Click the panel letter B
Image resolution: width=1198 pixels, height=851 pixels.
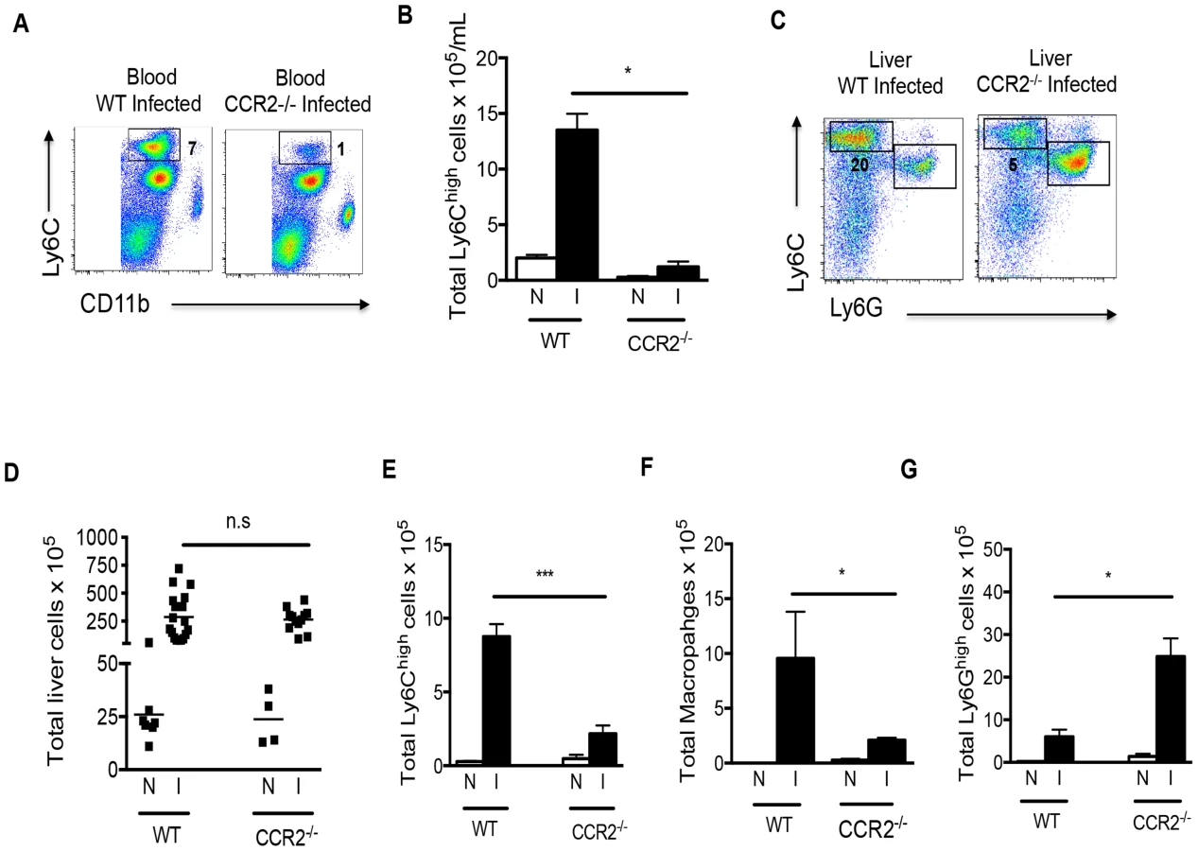tap(405, 15)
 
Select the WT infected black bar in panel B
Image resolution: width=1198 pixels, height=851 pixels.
tap(577, 204)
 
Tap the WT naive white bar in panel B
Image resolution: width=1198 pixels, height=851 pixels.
tap(536, 269)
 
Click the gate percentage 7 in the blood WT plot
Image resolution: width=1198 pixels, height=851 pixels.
tap(192, 148)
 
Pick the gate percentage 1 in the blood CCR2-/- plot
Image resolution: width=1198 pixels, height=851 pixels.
tap(340, 148)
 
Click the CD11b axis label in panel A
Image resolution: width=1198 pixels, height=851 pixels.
tap(114, 304)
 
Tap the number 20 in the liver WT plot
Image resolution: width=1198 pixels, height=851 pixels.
tap(859, 165)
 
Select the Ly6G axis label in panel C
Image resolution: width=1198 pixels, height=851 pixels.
tap(857, 307)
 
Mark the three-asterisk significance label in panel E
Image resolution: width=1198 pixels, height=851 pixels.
tap(545, 574)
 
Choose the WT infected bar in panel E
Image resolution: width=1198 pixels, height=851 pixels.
tap(495, 700)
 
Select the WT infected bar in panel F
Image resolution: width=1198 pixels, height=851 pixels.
tap(795, 710)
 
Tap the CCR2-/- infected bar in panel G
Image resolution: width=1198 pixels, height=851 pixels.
tap(1171, 709)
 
